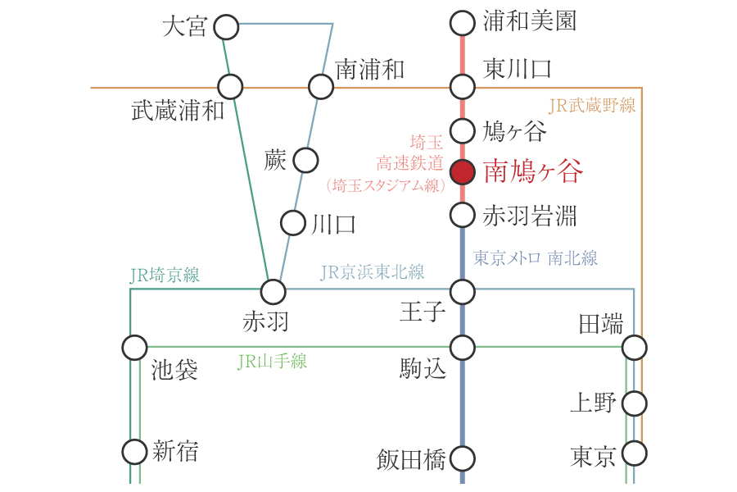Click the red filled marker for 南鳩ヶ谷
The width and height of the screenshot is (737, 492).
point(463,172)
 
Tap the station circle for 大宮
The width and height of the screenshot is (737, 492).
point(226,27)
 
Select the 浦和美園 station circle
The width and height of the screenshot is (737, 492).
point(463,23)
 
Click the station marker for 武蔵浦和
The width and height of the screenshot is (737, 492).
point(230,86)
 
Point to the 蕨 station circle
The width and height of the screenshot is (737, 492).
point(305,160)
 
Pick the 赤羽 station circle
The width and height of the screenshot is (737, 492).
point(273,291)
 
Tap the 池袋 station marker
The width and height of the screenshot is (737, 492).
point(134,348)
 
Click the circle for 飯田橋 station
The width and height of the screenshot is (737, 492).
point(463,458)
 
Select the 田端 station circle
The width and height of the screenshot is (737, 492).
point(635,348)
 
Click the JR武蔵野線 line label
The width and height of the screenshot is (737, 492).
point(591,106)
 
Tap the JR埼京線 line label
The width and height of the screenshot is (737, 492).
point(165,276)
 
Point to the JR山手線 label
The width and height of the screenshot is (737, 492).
point(272,362)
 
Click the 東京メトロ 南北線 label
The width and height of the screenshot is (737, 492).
point(536,258)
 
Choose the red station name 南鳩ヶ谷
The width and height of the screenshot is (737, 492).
point(533,172)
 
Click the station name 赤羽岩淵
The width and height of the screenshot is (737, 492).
point(530,216)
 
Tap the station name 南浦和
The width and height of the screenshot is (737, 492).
point(370,70)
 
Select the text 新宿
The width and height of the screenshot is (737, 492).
point(175,452)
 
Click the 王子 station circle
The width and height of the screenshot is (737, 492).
point(463,291)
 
